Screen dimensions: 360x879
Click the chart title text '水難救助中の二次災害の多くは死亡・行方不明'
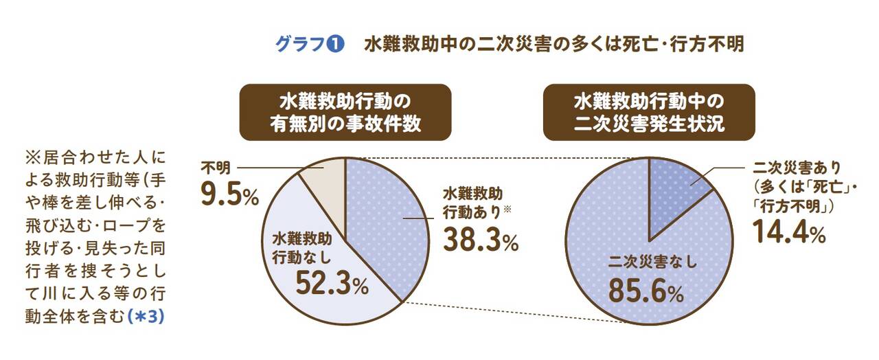[553, 45]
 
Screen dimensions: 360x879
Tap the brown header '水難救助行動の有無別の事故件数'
[345, 113]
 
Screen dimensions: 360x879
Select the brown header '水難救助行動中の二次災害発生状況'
[649, 113]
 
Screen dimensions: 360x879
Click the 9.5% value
[229, 194]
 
